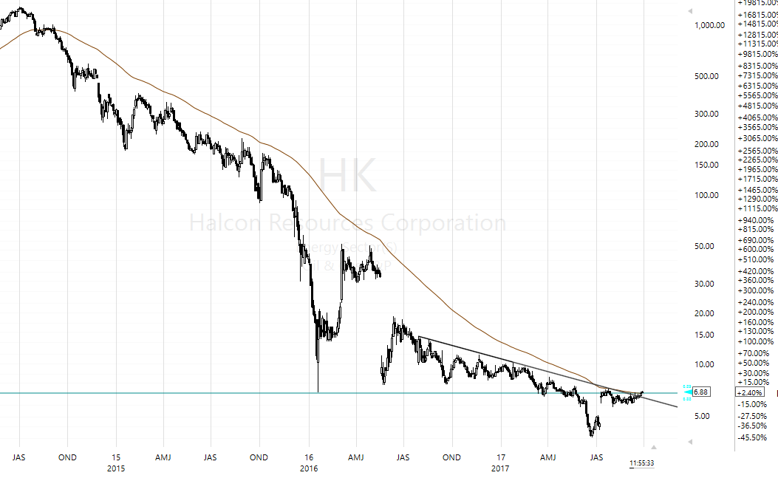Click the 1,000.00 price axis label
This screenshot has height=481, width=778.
coord(710,25)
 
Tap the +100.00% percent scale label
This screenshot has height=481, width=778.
coord(755,341)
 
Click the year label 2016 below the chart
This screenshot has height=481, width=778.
coord(310,468)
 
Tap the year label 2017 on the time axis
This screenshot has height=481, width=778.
coord(501,468)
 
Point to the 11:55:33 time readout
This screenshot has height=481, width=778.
coord(641,463)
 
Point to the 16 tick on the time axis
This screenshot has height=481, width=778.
coord(310,457)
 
